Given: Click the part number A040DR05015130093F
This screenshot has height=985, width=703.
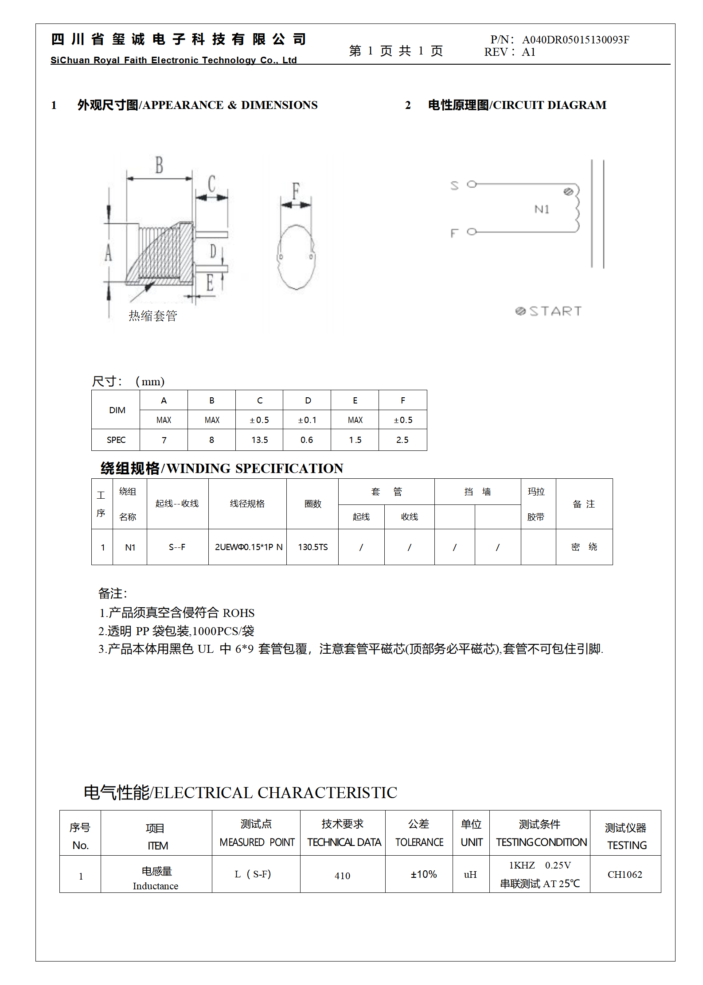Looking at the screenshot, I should click(x=575, y=40).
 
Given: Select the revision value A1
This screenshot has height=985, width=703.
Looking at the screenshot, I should click(x=528, y=52).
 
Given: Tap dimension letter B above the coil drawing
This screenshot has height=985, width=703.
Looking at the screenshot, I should click(x=159, y=165).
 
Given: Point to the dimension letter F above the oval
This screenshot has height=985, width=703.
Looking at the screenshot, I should click(x=296, y=190).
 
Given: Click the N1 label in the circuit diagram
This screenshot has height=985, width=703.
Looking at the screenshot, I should click(x=542, y=209).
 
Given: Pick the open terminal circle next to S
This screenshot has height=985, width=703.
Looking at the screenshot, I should click(x=472, y=184).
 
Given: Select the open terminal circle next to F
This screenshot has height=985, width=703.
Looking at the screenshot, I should click(x=472, y=231).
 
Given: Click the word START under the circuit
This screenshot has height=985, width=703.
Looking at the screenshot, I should click(x=555, y=311).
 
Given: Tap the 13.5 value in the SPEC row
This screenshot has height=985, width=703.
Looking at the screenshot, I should click(x=259, y=440).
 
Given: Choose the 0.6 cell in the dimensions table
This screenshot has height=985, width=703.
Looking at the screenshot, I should click(x=307, y=440).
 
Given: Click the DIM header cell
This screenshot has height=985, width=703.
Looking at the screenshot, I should click(x=117, y=410).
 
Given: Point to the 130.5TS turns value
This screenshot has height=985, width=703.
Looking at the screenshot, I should click(x=312, y=547).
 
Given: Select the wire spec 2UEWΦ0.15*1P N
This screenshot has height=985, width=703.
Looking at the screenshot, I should click(x=248, y=547).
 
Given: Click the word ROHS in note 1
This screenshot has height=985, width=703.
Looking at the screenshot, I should click(x=238, y=613).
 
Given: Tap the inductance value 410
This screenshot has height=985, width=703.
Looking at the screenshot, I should click(x=342, y=876).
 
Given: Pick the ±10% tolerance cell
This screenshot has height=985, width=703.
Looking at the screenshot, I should click(x=423, y=874).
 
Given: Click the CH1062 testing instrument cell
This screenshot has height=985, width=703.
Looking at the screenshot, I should click(x=625, y=874).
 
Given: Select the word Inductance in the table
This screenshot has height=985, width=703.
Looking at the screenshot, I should click(x=155, y=886).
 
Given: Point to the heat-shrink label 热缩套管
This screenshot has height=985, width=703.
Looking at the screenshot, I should click(x=153, y=316).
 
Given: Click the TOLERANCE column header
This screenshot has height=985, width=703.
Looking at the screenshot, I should click(x=419, y=842).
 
